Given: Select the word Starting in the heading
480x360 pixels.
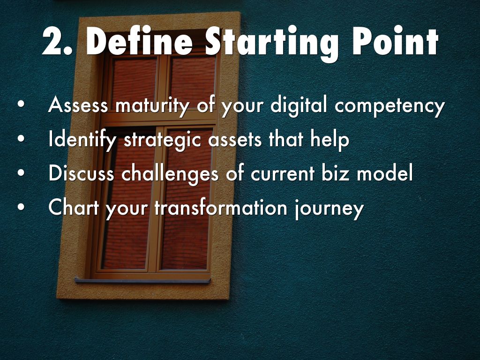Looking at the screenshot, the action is (x=272, y=44).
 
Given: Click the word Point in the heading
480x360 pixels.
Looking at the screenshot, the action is (x=396, y=41).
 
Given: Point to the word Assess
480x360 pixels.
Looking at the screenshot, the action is (x=78, y=105).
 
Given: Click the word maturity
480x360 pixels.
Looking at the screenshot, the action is (x=152, y=106).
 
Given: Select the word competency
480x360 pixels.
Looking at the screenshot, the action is (x=390, y=106).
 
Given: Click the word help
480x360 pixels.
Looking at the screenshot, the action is (x=330, y=140).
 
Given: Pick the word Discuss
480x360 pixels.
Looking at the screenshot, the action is (x=82, y=172).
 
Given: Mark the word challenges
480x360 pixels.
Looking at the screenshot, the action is (x=170, y=174).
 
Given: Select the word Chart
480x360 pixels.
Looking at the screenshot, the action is (x=74, y=207).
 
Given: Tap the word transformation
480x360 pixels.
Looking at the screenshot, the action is (x=221, y=207).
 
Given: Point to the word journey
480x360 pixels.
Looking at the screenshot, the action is (x=329, y=209).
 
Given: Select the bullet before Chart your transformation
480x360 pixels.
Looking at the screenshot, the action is (x=21, y=206).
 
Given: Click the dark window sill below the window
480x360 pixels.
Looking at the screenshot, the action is (x=142, y=280).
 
